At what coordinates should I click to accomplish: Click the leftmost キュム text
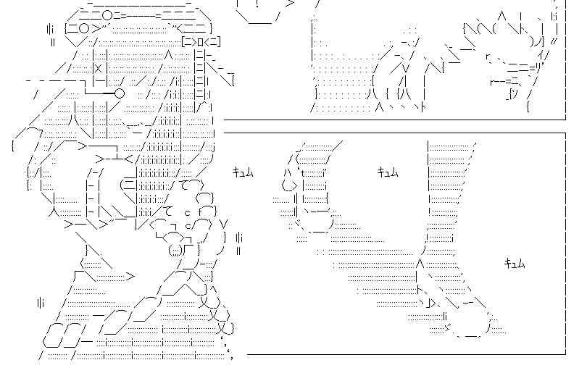pyautogui.click(x=243, y=172)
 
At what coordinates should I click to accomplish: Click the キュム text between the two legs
pyautogui.click(x=388, y=172)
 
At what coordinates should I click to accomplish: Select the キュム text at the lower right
pyautogui.click(x=515, y=264)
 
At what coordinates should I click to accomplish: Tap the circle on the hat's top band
pyautogui.click(x=107, y=15)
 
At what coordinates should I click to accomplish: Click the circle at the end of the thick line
pyautogui.click(x=120, y=93)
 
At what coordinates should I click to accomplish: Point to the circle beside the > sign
pyautogui.click(x=85, y=28)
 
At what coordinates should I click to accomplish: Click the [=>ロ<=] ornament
pyautogui.click(x=201, y=41)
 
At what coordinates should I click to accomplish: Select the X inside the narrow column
pyautogui.click(x=98, y=69)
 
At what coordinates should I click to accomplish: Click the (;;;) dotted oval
pyautogui.click(x=175, y=250)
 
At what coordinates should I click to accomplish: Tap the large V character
pyautogui.click(x=223, y=223)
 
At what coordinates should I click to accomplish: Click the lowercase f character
pyautogui.click(x=200, y=212)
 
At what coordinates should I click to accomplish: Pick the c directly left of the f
pyautogui.click(x=188, y=214)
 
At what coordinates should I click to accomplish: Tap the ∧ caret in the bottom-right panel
pyautogui.click(x=420, y=263)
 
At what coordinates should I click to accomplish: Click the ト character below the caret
pyautogui.click(x=420, y=289)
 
